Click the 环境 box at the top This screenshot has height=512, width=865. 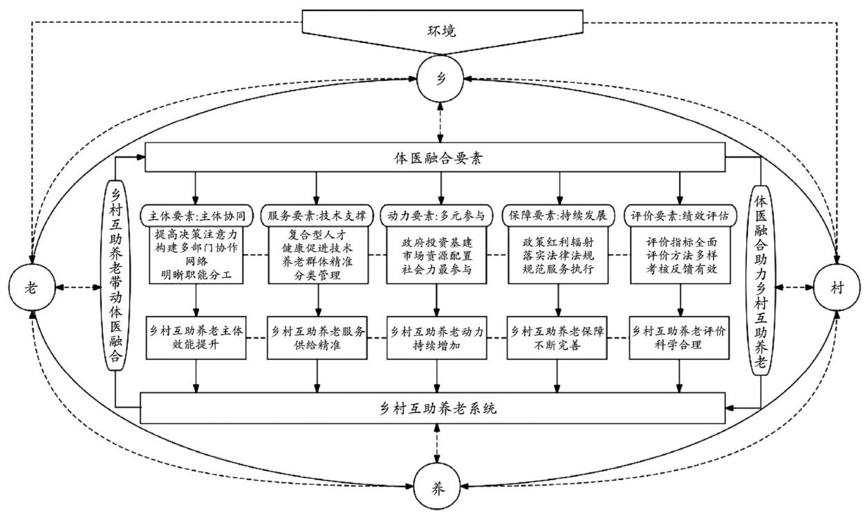[x=440, y=32]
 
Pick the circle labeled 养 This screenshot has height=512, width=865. [x=436, y=486]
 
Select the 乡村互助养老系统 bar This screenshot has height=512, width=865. [x=437, y=408]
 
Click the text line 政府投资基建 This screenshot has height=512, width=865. [x=437, y=243]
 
